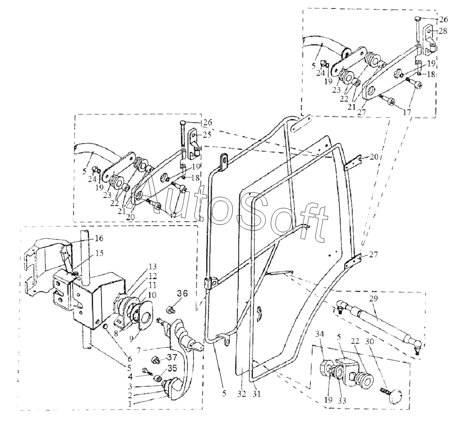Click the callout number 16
coord(98,239)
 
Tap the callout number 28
coord(443,31)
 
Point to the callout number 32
coord(241,394)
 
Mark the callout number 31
coord(256,394)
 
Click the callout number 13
coord(152,266)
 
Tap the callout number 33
coord(342,400)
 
